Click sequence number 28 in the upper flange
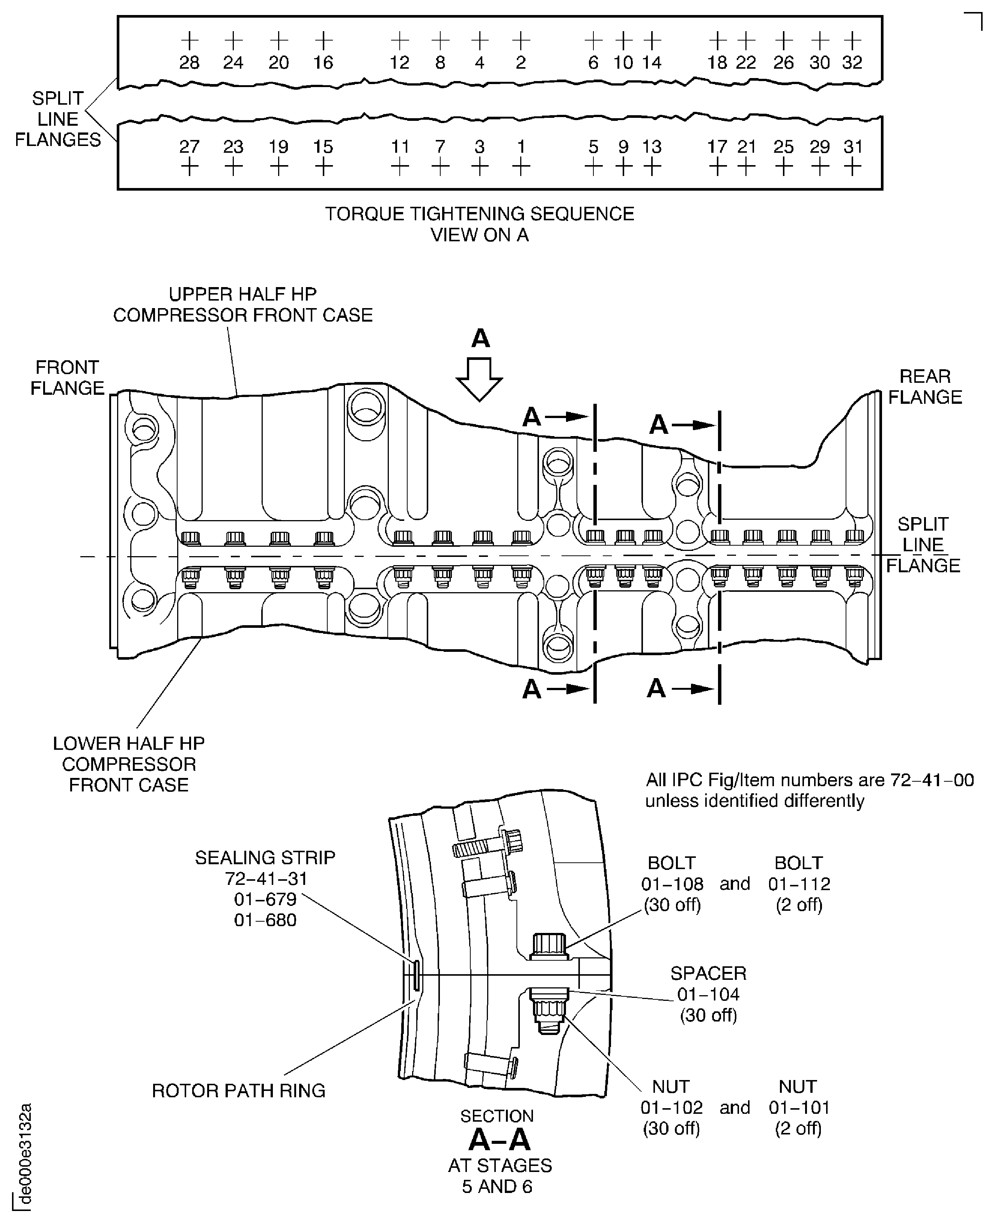[189, 62]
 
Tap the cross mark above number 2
[521, 41]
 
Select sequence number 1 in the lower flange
[521, 147]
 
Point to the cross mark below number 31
[853, 167]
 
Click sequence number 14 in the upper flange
[652, 62]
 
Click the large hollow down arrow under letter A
[479, 379]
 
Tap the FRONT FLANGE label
[67, 378]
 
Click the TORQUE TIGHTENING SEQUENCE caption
[479, 214]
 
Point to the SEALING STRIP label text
[265, 857]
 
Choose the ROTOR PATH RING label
[238, 1090]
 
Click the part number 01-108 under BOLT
[672, 884]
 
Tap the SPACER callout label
[708, 973]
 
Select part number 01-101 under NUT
[799, 1107]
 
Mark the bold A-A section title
[499, 1140]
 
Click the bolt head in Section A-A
[549, 946]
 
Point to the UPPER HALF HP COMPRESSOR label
[242, 304]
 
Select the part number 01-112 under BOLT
[799, 884]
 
